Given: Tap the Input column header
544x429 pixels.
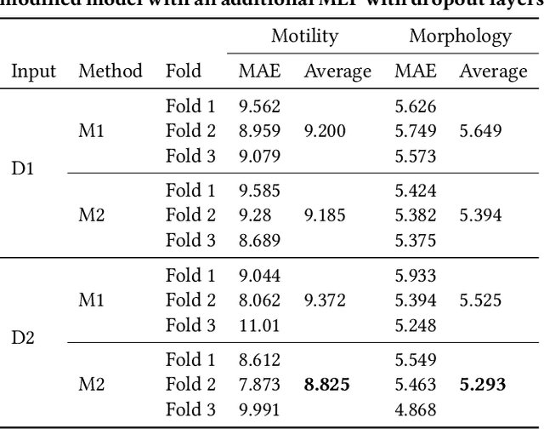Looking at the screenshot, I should click(34, 71).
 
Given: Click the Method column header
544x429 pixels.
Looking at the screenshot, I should click(110, 71).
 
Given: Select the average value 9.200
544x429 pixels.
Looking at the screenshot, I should click(326, 130).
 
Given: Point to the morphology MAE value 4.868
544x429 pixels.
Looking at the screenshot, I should click(415, 409).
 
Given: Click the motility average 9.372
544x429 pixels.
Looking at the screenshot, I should click(326, 300).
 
